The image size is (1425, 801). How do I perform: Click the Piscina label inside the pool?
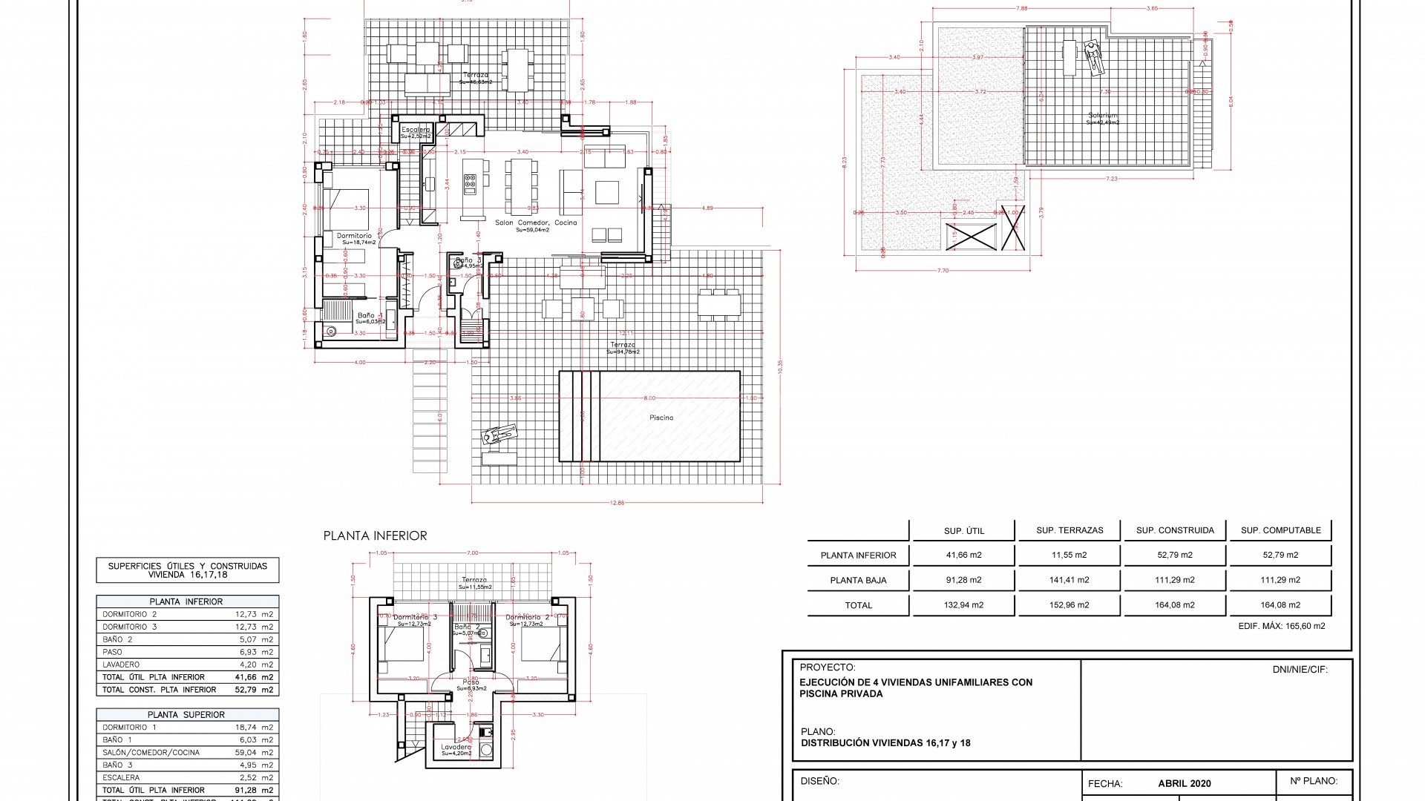[661, 418]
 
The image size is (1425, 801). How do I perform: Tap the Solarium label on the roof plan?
[1102, 116]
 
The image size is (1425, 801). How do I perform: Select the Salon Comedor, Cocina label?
[535, 222]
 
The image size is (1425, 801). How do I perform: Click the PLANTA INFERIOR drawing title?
[375, 535]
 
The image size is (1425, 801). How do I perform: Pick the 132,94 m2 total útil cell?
[963, 605]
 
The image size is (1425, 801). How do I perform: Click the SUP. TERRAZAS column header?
[1069, 530]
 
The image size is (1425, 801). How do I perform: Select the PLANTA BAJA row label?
[858, 580]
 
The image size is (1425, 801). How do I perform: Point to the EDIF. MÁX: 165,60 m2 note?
[1281, 626]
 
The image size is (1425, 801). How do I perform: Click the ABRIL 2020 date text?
[1184, 783]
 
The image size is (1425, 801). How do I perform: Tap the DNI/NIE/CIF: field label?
[1300, 670]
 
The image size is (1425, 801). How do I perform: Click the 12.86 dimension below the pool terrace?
[617, 503]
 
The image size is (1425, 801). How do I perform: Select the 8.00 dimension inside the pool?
[649, 398]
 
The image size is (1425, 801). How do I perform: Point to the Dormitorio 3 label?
[415, 617]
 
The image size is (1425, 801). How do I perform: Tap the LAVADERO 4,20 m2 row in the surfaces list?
[187, 665]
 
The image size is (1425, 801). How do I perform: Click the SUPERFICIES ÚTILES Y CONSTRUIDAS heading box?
[187, 570]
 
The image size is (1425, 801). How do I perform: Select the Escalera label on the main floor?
[416, 130]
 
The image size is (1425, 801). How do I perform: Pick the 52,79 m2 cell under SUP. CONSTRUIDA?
[1174, 555]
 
